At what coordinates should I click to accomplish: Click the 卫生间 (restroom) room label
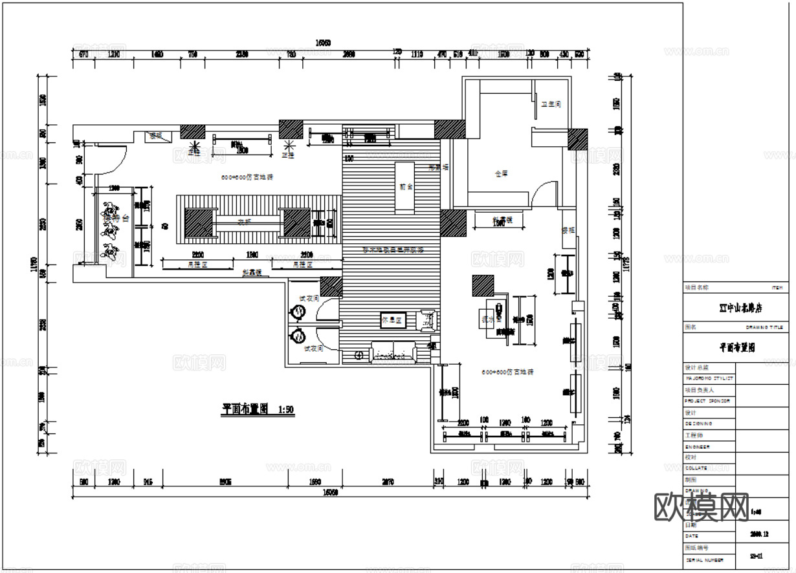551,103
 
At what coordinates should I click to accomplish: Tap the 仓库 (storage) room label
501,173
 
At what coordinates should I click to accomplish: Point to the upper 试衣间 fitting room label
307,298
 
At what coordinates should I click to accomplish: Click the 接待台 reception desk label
115,219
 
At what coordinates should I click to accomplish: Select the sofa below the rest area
392,352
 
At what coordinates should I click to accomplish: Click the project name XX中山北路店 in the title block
736,307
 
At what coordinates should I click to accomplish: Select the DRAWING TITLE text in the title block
764,327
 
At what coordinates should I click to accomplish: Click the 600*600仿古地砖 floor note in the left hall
247,177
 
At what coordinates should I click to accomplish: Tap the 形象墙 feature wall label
438,167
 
